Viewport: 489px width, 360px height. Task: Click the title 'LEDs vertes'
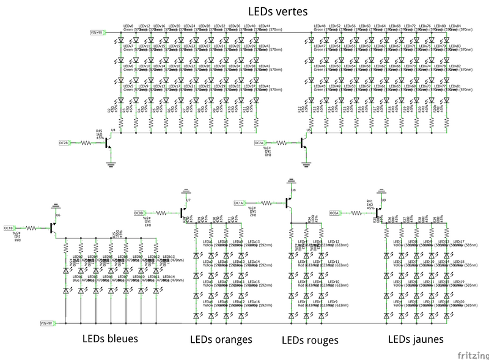[x=278, y=11]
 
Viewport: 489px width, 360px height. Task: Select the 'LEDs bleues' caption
[x=110, y=338]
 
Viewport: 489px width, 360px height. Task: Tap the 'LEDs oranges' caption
[x=221, y=339]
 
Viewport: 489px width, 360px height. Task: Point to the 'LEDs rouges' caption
[x=310, y=339]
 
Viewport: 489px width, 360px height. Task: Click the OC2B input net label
[x=64, y=142]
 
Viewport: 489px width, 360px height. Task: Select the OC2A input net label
[x=259, y=142]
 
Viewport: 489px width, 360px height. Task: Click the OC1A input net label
[x=239, y=203]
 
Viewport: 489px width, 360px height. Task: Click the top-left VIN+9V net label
[x=97, y=32]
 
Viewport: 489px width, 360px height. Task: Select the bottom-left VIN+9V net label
[x=46, y=323]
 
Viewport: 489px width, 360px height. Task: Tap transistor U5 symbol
[x=304, y=142]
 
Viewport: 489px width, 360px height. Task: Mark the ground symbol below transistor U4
[x=111, y=163]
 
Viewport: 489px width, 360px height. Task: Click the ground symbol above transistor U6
[x=56, y=205]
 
